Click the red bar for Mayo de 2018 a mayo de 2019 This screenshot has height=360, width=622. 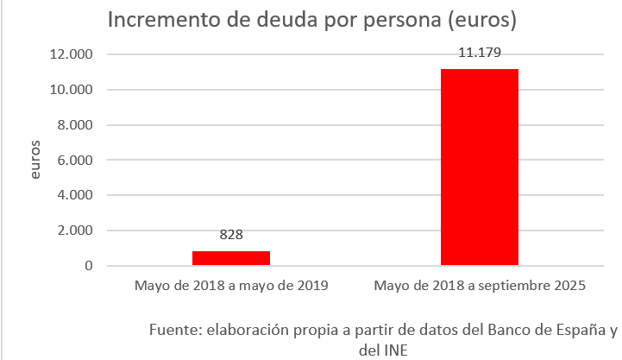pyautogui.click(x=231, y=258)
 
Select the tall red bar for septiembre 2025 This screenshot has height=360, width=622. pyautogui.click(x=480, y=167)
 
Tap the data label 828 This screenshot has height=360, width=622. pyautogui.click(x=231, y=235)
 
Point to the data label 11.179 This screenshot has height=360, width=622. pyautogui.click(x=480, y=54)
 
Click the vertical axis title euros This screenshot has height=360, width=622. pyautogui.click(x=35, y=161)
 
